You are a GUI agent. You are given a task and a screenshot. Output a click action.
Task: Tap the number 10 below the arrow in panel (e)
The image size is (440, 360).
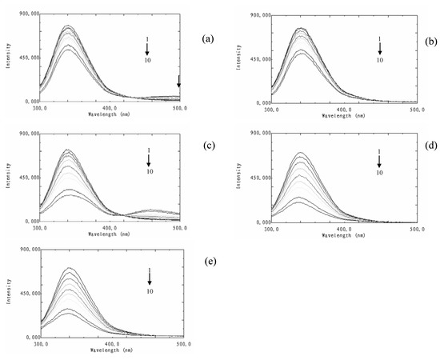click(x=150, y=292)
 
